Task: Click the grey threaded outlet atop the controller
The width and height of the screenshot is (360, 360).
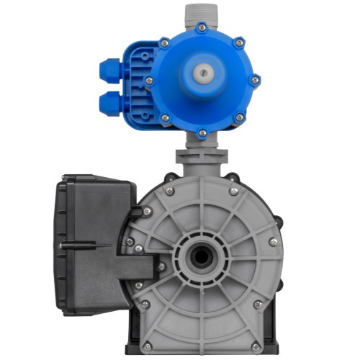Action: (202, 14)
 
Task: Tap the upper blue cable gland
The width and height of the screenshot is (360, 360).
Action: (109, 70)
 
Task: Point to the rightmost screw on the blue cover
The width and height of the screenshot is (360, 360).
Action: (255, 79)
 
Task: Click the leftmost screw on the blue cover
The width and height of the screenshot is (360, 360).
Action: (149, 79)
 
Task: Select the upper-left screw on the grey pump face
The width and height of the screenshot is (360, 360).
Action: (170, 191)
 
